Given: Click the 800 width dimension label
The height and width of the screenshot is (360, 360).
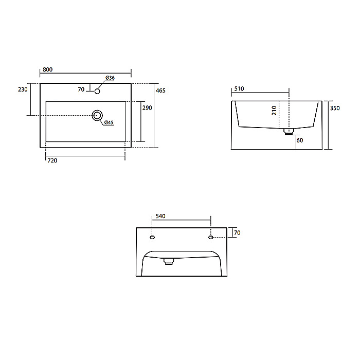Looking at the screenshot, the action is pos(47,69).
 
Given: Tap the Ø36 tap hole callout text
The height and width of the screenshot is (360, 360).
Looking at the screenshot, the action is pos(110,78).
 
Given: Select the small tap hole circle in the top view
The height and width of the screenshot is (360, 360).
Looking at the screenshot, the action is pos(97,91).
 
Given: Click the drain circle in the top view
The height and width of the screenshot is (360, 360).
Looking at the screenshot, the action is pos(97,115).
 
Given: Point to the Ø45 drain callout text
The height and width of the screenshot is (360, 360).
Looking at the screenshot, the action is pos(109,122).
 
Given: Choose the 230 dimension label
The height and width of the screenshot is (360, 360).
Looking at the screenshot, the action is pos(23,89).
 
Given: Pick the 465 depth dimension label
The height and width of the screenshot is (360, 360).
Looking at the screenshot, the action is pos(160,91).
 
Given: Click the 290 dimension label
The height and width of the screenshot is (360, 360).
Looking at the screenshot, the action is pos(147,107).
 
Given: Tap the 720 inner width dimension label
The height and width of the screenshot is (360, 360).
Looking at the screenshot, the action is pos(52,160).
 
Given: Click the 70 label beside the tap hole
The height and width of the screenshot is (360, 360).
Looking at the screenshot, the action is pos(81,89).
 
